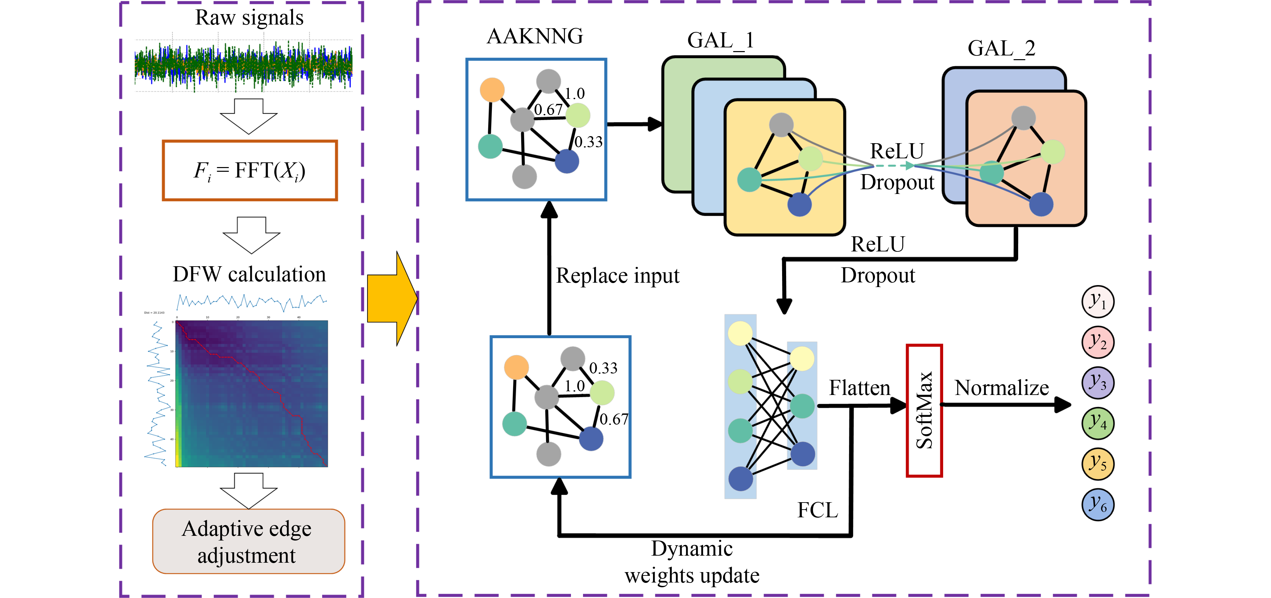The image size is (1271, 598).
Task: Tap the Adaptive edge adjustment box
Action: [248, 541]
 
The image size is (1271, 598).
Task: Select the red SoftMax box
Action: [924, 410]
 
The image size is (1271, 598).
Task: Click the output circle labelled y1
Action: [1098, 302]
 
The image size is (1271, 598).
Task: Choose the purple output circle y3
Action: [1098, 383]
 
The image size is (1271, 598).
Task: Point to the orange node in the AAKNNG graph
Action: [492, 90]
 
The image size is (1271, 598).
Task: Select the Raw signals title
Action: [249, 18]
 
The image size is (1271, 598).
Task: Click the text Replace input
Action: [617, 276]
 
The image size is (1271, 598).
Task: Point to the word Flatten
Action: [859, 388]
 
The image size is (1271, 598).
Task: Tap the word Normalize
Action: [1002, 388]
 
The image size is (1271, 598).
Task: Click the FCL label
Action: [817, 510]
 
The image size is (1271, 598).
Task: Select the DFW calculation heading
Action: [249, 274]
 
